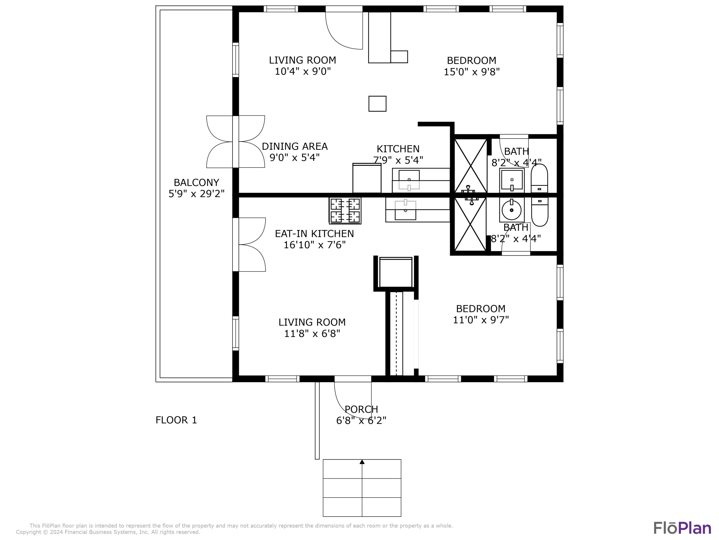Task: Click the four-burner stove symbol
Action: (x=345, y=210)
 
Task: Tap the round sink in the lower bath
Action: (x=512, y=210)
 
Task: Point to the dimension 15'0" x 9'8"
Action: (x=471, y=72)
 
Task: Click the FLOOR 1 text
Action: (x=176, y=420)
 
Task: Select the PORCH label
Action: (x=361, y=409)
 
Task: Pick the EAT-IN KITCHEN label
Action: (x=314, y=234)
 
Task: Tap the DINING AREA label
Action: (x=295, y=146)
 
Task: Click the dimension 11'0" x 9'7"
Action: (x=481, y=320)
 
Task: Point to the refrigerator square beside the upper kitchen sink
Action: (x=367, y=178)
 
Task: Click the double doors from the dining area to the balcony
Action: (x=236, y=142)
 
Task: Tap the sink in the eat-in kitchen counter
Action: (x=405, y=210)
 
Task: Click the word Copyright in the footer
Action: (x=28, y=532)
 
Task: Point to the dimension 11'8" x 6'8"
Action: (x=312, y=334)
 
